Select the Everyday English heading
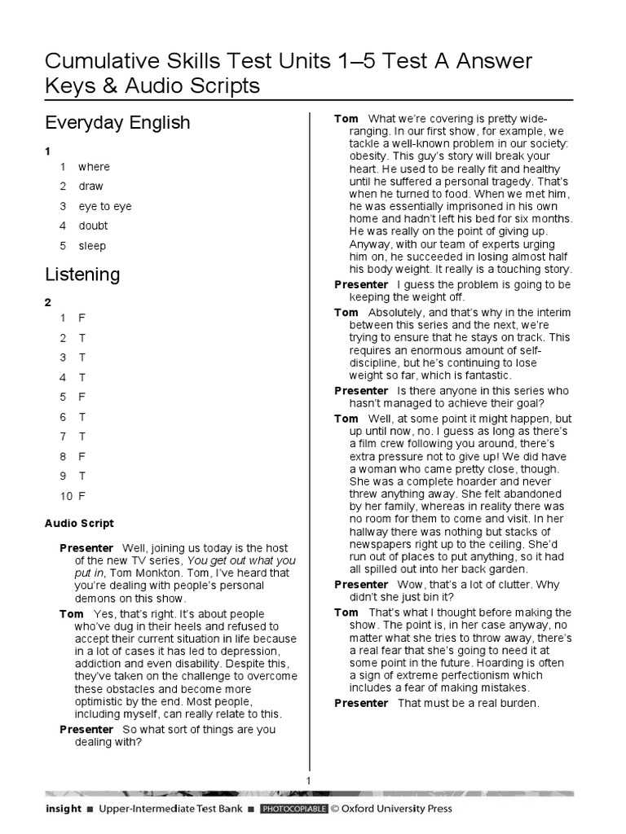point(117,123)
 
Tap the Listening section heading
point(82,274)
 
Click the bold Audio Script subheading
point(79,524)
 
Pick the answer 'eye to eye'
point(104,206)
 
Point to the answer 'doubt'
point(93,226)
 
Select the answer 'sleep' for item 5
point(92,246)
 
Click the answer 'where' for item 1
point(94,167)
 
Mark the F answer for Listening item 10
point(82,495)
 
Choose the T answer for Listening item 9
point(82,476)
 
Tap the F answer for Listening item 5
point(82,397)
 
